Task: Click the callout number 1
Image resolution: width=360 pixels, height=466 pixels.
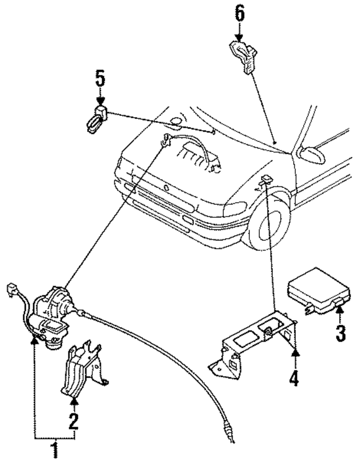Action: (x=55, y=450)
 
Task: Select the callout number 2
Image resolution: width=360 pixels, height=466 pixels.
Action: (x=73, y=420)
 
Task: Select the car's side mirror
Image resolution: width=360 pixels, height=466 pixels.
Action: (x=312, y=153)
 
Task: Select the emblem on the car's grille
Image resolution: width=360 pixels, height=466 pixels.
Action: (x=167, y=187)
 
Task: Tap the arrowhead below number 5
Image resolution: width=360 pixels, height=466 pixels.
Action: (x=100, y=101)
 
